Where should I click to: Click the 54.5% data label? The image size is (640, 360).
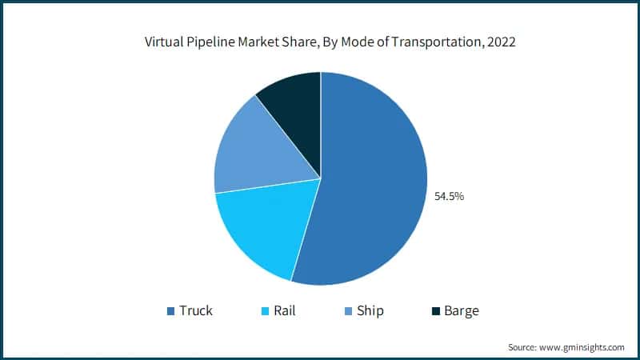[449, 194]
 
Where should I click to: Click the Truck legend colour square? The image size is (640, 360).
[170, 310]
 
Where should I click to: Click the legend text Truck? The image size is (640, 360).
[196, 310]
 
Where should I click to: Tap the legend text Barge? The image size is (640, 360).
[462, 310]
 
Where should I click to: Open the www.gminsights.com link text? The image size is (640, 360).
[585, 347]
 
